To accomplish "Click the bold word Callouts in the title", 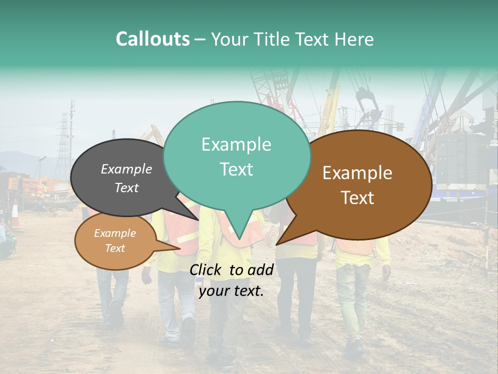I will pyautogui.click(x=153, y=39).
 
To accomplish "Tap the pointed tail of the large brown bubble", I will pyautogui.click(x=278, y=243).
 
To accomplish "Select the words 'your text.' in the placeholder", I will pyautogui.click(x=231, y=291).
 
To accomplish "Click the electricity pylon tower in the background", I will pyautogui.click(x=64, y=140).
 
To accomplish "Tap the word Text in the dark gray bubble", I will pyautogui.click(x=127, y=188).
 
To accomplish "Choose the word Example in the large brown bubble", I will pyautogui.click(x=357, y=173).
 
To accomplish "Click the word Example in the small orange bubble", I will pyautogui.click(x=115, y=233).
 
